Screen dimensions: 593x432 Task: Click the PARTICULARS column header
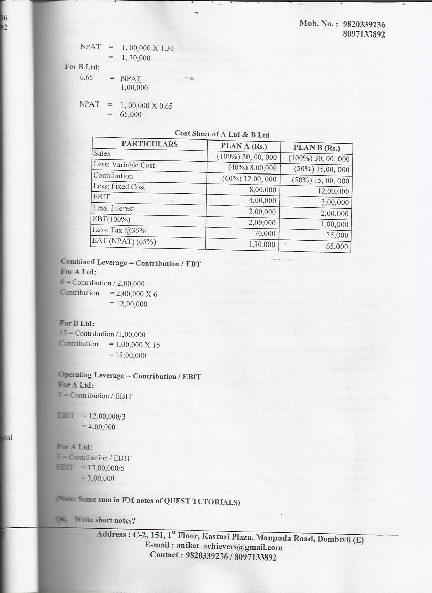pyautogui.click(x=149, y=144)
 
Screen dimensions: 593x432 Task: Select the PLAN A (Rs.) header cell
pyautogui.click(x=242, y=146)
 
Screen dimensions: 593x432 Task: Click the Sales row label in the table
pyautogui.click(x=102, y=153)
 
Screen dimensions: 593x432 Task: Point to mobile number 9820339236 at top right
pyautogui.click(x=364, y=24)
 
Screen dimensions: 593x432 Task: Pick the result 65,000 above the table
pyautogui.click(x=131, y=115)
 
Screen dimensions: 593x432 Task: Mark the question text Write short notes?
pyautogui.click(x=105, y=520)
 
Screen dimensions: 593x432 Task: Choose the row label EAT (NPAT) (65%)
pyautogui.click(x=124, y=241)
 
